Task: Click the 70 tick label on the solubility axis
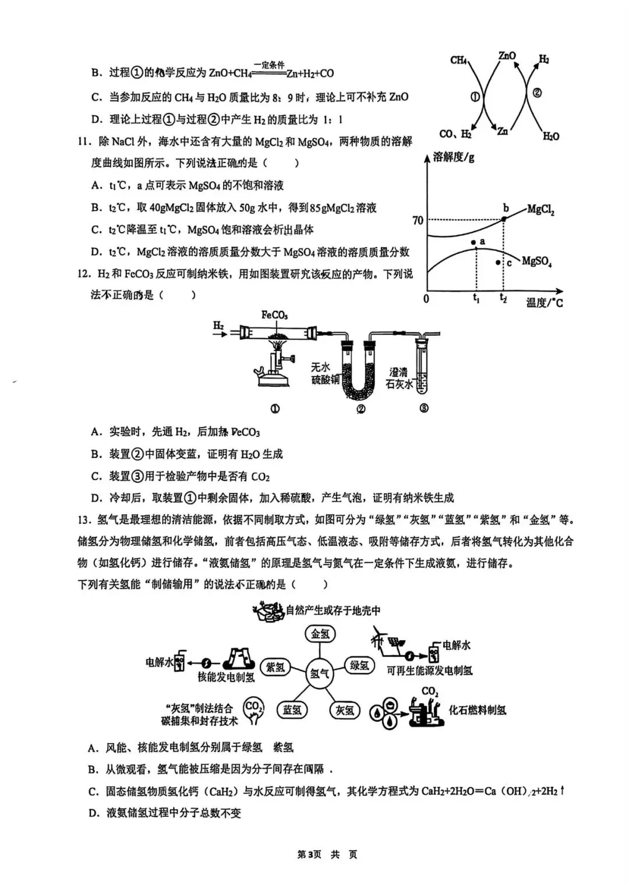point(418,221)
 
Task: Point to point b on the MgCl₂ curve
point(504,218)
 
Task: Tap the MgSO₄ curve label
point(536,261)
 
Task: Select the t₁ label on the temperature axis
point(476,299)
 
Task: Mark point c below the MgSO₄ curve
point(497,262)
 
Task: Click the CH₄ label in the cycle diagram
point(460,60)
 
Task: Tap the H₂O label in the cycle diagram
point(550,136)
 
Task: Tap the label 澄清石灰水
point(400,378)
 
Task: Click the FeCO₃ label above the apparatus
point(274,315)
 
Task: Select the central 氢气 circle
point(319,673)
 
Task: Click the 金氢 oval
point(320,634)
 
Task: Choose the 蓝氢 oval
point(292,710)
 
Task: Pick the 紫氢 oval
point(275,667)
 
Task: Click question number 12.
point(84,273)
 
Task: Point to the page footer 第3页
point(309,854)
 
